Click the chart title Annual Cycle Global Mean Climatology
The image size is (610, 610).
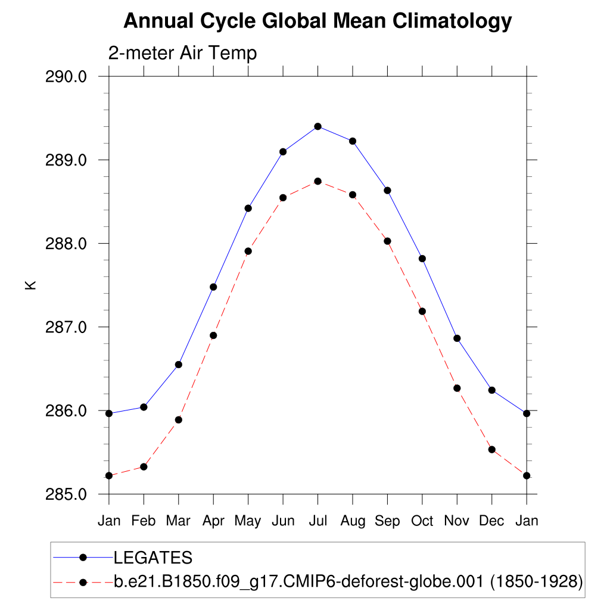point(317,21)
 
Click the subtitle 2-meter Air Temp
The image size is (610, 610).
point(182,53)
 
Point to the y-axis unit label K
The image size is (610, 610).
point(30,285)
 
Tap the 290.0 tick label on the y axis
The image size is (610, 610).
point(67,77)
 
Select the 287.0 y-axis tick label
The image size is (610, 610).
point(67,327)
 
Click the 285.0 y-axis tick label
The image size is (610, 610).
point(67,494)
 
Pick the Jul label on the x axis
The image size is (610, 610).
point(318,521)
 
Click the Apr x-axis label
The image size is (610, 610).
point(213,521)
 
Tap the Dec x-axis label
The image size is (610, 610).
point(491,521)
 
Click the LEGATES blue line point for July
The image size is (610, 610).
point(318,126)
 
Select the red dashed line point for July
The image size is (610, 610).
point(318,181)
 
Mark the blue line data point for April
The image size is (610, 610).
point(213,287)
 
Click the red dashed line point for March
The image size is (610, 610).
point(178,420)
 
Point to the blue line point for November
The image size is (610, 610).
point(457,338)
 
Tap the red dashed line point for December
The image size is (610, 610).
point(491,450)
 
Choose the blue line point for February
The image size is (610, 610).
point(144,407)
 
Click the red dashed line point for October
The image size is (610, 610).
point(422,311)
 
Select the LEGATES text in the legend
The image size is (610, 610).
point(153,558)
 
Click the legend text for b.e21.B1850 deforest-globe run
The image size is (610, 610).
point(348,581)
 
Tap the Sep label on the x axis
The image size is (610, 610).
point(387,521)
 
